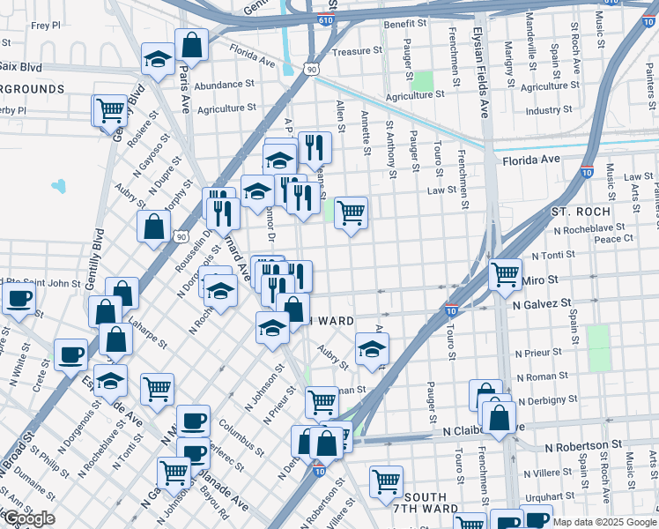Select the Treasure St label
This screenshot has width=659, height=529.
357,52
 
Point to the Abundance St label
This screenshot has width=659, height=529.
225,85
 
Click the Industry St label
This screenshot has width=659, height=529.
548,110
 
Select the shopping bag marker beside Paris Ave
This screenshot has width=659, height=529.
190,44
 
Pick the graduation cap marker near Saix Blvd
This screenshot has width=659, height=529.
158,61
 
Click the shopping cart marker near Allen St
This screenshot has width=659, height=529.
351,212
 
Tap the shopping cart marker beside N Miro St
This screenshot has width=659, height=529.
505,274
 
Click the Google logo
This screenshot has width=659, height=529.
29,519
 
